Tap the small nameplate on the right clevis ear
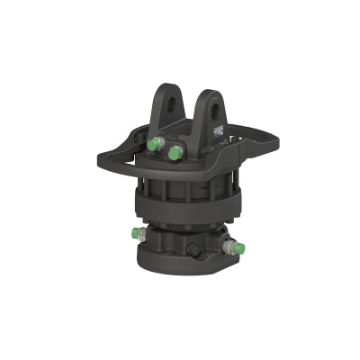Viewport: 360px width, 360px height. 220,129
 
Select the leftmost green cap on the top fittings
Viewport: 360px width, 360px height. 152,143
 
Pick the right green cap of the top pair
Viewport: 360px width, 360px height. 174,154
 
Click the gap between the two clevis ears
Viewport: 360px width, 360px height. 191,112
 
